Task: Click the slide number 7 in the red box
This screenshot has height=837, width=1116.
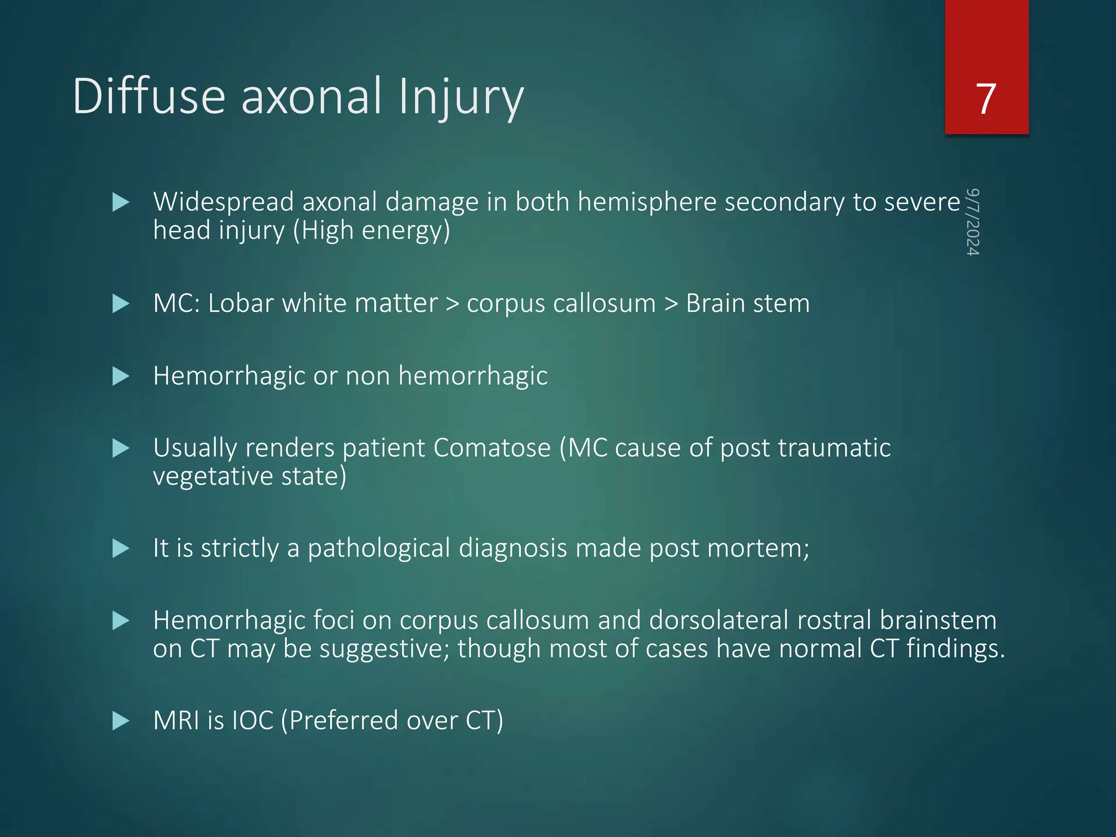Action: pyautogui.click(x=986, y=99)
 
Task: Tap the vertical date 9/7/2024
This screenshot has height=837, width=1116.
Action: pyautogui.click(x=973, y=222)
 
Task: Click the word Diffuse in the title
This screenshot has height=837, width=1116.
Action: pyautogui.click(x=149, y=96)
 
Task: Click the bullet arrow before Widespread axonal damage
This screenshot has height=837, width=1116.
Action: pyautogui.click(x=120, y=203)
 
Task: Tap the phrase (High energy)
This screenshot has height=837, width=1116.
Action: pyautogui.click(x=372, y=231)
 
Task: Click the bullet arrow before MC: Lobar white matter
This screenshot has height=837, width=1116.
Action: pyautogui.click(x=120, y=304)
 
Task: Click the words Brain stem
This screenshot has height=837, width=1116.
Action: pyautogui.click(x=747, y=304)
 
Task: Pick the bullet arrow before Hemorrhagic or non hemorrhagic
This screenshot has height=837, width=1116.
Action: pyautogui.click(x=120, y=376)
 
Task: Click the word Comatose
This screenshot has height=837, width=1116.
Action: pyautogui.click(x=492, y=448)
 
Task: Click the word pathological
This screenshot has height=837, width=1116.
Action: pyautogui.click(x=379, y=548)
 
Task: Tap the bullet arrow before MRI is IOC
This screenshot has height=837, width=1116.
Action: pyautogui.click(x=120, y=721)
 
